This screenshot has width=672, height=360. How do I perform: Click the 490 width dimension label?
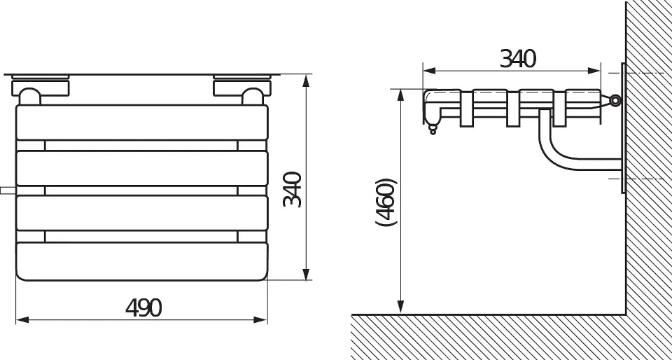[143, 307]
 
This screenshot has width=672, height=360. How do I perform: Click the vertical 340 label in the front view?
[293, 189]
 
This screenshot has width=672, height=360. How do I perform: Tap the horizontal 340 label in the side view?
[518, 59]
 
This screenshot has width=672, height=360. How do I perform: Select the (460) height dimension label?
[386, 202]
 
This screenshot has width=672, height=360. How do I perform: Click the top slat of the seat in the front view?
[142, 122]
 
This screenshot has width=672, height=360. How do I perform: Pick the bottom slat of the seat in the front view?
[142, 261]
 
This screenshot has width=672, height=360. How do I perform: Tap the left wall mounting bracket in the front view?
[41, 89]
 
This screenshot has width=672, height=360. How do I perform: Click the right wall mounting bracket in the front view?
[242, 89]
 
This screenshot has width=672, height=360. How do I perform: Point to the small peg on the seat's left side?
[8, 191]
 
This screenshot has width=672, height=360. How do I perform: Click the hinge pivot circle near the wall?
[615, 101]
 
